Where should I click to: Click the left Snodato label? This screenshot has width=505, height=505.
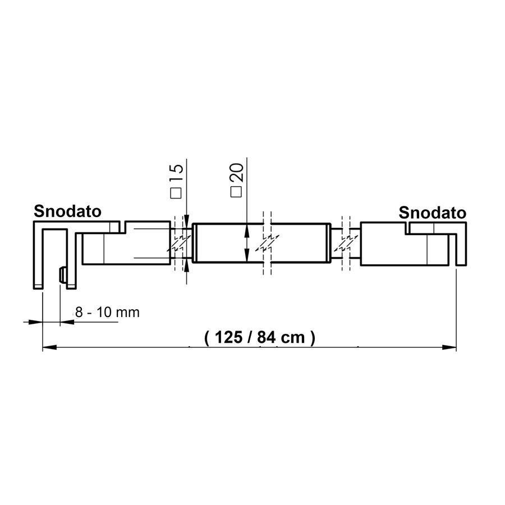click(x=68, y=212)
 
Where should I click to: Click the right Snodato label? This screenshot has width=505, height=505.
click(x=433, y=213)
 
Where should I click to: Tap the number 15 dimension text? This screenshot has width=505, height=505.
click(x=177, y=173)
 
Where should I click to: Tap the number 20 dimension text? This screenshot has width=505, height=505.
click(x=237, y=173)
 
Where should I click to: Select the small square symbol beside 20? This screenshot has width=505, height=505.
click(x=236, y=192)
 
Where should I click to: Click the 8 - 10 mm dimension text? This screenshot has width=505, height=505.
click(x=107, y=313)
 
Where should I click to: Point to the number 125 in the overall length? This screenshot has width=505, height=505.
click(x=229, y=338)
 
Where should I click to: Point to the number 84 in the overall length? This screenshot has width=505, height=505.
click(x=267, y=338)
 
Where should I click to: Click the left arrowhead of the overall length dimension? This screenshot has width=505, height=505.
click(x=49, y=347)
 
